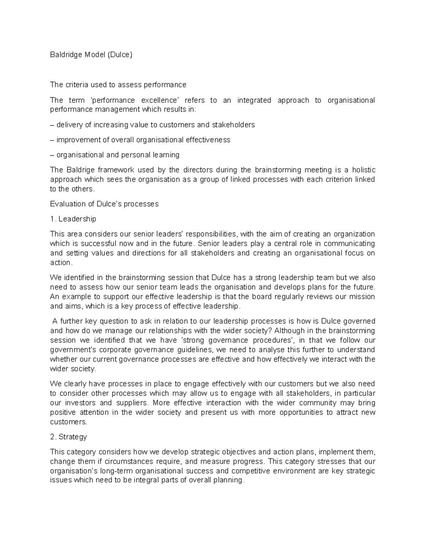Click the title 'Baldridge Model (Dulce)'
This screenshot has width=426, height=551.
(91, 55)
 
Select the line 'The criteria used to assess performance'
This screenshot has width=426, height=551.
(118, 85)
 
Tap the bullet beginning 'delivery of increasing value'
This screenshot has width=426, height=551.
(153, 125)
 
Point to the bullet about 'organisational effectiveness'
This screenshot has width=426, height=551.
(140, 140)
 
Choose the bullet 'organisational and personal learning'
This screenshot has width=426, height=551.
(115, 155)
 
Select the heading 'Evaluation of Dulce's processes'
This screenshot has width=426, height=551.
(104, 204)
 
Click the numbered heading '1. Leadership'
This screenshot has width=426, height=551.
(73, 219)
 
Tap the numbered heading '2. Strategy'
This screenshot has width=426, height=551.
(69, 437)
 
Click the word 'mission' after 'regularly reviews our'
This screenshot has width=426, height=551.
(362, 297)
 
